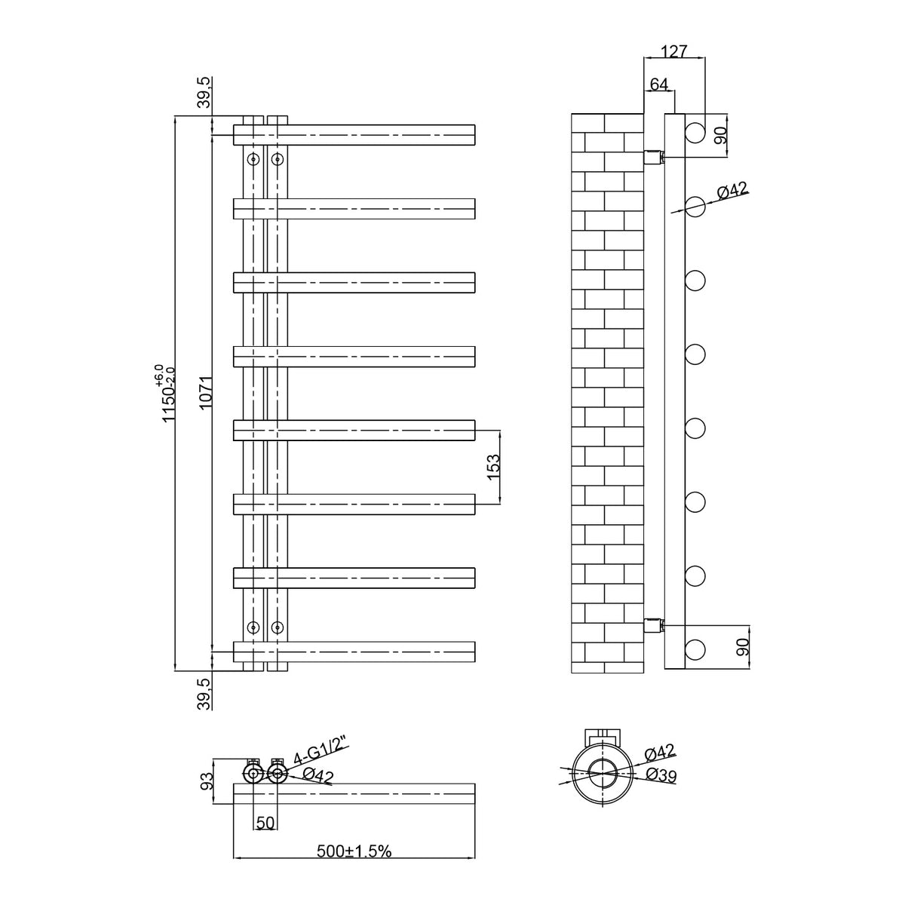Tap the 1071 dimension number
[206, 393]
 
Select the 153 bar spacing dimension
[493, 467]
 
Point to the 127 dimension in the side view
[674, 51]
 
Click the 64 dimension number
[659, 84]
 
